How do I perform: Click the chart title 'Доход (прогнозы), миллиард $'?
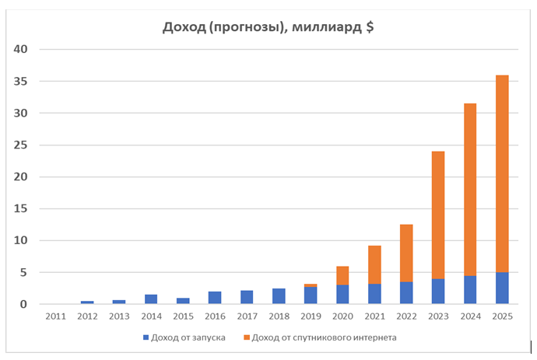click(x=268, y=28)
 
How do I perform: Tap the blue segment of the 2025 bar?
click(x=502, y=288)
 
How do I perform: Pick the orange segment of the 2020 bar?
click(x=342, y=275)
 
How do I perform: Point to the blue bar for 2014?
click(x=151, y=299)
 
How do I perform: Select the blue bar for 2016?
click(x=215, y=298)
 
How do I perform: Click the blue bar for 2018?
click(x=279, y=296)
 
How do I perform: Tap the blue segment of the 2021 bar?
click(x=374, y=294)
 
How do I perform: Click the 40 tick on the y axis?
click(x=21, y=50)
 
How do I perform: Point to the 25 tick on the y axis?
click(x=21, y=145)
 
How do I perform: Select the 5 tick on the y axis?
click(x=24, y=273)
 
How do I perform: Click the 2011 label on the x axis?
click(x=55, y=316)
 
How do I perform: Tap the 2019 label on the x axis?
click(x=311, y=316)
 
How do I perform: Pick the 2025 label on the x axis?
click(x=502, y=316)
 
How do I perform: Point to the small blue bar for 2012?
click(x=87, y=302)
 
